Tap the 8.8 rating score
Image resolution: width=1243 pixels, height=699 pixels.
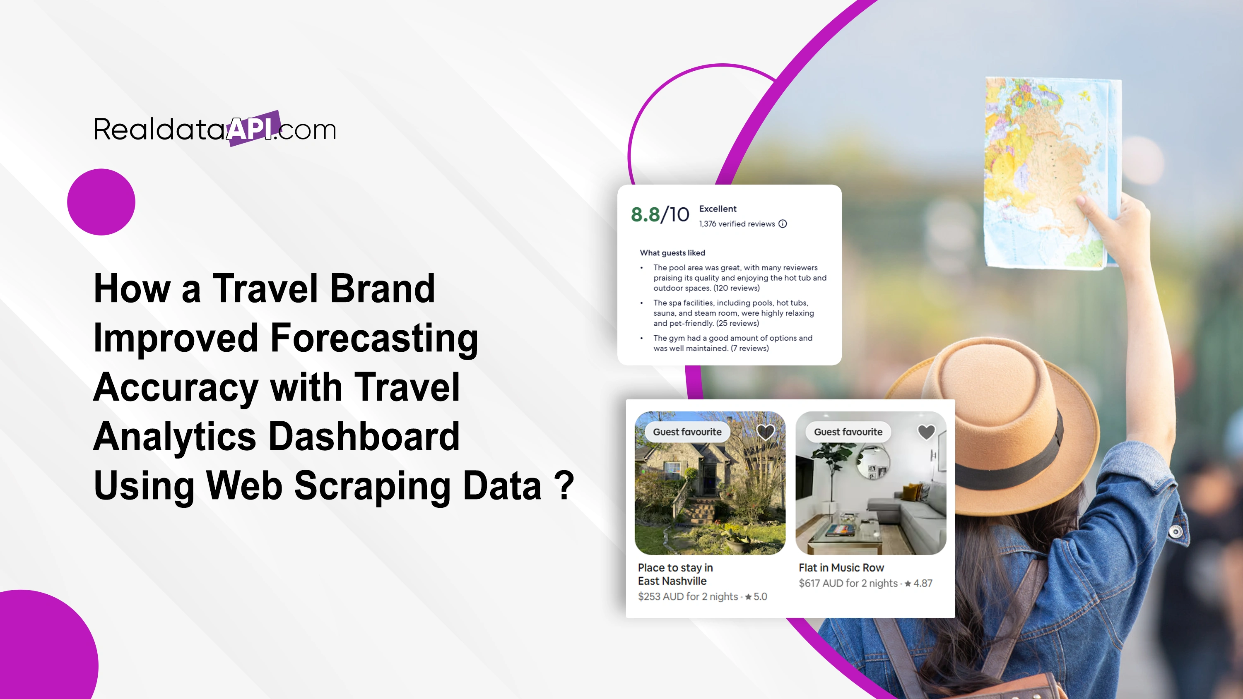click(645, 215)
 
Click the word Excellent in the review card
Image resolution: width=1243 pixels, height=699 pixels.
click(718, 209)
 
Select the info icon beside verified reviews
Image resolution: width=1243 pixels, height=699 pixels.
click(783, 224)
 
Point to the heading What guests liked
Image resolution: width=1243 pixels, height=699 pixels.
click(672, 253)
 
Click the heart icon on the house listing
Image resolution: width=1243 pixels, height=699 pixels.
click(765, 432)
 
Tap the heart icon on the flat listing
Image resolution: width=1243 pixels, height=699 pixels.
click(926, 432)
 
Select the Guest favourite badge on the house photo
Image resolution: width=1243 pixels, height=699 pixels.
click(687, 432)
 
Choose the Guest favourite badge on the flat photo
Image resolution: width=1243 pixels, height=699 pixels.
click(848, 432)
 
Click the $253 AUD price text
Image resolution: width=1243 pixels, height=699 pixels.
click(688, 597)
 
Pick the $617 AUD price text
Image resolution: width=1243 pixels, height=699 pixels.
click(848, 583)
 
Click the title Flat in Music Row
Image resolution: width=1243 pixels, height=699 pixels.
click(841, 568)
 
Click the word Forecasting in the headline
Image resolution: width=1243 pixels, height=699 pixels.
click(374, 339)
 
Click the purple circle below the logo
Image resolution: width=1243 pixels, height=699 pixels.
click(101, 202)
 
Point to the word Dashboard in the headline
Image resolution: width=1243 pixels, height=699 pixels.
click(364, 436)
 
